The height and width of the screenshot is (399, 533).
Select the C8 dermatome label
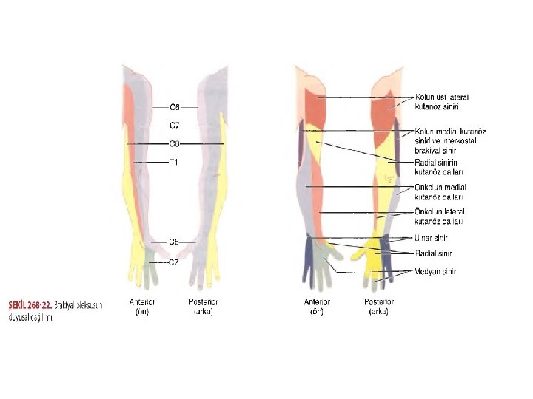pos(175,143)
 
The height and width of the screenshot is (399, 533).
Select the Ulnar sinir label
pos(431,239)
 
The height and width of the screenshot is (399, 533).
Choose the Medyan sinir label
pos(435,271)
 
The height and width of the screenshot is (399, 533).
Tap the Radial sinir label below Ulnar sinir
pos(433,253)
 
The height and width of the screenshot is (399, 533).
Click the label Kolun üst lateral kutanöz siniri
pos(441,101)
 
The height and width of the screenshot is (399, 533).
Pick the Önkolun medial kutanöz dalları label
pos(440,192)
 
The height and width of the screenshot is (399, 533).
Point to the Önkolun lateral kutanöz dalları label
pos(439,216)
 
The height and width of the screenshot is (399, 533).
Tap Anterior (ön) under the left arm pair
pos(142,307)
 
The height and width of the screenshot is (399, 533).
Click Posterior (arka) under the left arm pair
pos(204,307)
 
